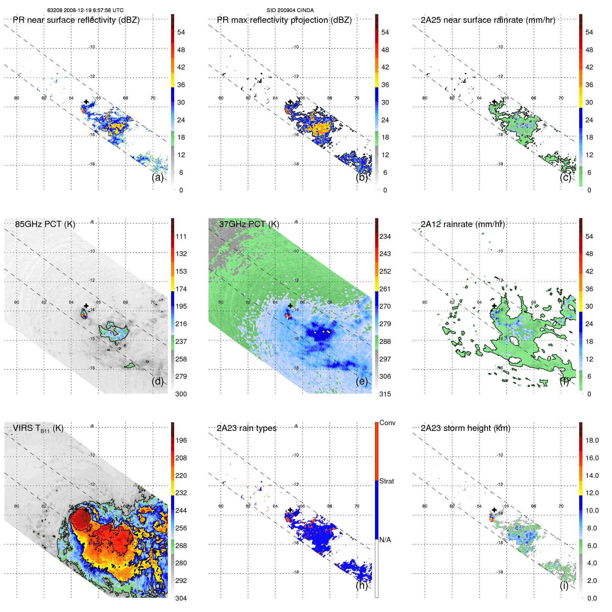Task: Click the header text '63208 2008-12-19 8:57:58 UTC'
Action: (x=85, y=10)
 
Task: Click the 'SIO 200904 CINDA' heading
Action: (x=290, y=10)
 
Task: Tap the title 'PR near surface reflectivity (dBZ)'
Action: (x=76, y=20)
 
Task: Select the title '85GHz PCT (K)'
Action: (x=45, y=224)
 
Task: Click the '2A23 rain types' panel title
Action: (x=246, y=428)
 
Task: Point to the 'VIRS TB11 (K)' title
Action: (x=38, y=429)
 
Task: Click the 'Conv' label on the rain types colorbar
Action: (x=387, y=423)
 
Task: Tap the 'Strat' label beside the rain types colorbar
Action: (x=386, y=481)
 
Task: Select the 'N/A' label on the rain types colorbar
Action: (x=385, y=540)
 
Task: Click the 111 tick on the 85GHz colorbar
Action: (x=181, y=236)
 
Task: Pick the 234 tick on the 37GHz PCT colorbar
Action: (x=385, y=236)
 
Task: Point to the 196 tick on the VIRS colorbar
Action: (x=181, y=440)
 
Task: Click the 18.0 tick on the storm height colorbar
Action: (x=592, y=440)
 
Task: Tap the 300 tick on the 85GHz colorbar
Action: (x=181, y=394)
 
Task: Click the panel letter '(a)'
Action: (x=157, y=177)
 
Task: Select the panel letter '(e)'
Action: (x=361, y=381)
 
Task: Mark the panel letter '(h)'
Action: (x=361, y=585)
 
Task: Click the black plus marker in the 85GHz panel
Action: (x=86, y=306)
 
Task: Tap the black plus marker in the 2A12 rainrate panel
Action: (x=494, y=306)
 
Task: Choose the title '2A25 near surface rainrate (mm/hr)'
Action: (x=488, y=20)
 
